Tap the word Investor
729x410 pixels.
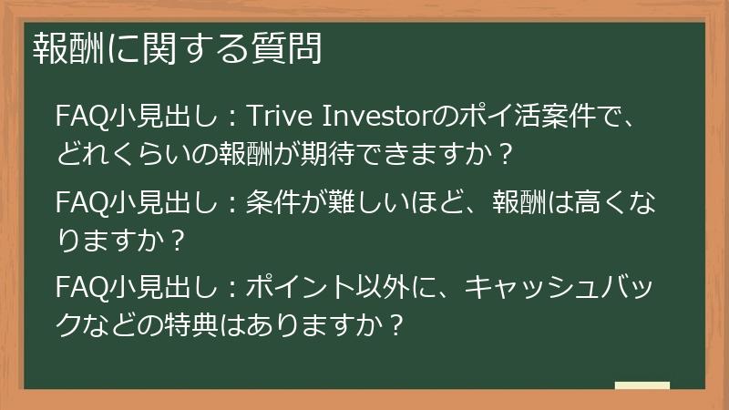[368, 117]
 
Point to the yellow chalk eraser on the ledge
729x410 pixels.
[642, 386]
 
